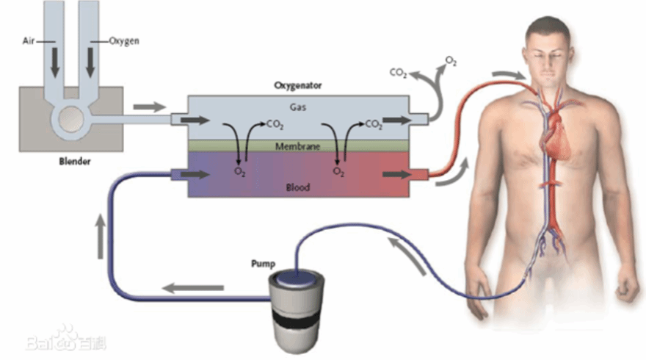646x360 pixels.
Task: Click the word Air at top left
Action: (x=29, y=41)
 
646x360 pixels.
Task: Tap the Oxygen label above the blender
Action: (x=123, y=41)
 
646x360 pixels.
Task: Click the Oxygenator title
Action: (x=297, y=85)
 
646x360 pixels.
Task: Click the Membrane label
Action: (x=297, y=146)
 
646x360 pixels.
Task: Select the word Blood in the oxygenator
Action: (x=297, y=188)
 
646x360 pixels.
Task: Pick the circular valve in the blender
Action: (x=71, y=118)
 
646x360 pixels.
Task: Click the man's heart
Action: (x=558, y=136)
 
